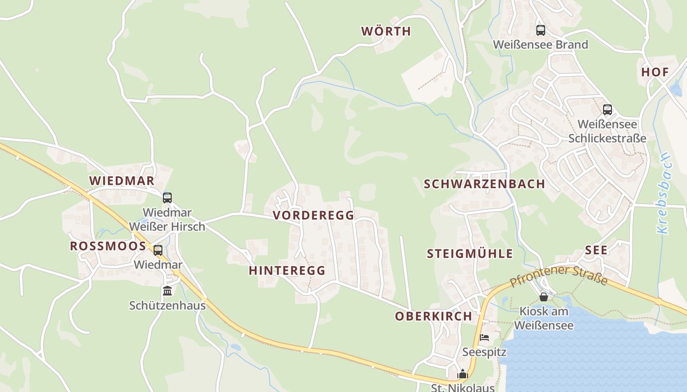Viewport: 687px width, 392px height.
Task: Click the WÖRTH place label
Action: [386, 31]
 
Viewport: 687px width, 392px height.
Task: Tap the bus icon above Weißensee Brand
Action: [540, 30]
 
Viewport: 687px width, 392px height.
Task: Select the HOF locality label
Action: [655, 72]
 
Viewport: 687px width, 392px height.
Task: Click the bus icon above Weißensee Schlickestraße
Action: [607, 110]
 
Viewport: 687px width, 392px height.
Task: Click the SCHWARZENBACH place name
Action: [484, 184]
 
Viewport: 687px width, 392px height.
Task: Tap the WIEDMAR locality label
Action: [122, 181]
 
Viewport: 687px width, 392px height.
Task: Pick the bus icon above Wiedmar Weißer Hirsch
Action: [167, 198]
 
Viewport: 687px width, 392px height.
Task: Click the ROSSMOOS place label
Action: [108, 246]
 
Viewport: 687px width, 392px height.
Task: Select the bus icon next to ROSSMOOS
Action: [158, 250]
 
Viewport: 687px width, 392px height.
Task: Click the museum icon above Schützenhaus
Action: [167, 291]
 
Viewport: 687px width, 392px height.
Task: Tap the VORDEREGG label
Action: [313, 216]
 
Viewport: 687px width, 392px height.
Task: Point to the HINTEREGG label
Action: [287, 270]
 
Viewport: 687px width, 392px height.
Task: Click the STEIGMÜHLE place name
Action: [470, 254]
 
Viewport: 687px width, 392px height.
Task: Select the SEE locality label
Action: [596, 250]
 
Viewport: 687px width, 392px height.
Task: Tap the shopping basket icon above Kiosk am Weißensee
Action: [543, 297]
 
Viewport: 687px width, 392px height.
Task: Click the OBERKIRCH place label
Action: [433, 317]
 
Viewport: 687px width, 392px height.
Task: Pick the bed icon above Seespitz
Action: [484, 338]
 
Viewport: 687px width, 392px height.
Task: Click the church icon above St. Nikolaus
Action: [462, 375]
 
